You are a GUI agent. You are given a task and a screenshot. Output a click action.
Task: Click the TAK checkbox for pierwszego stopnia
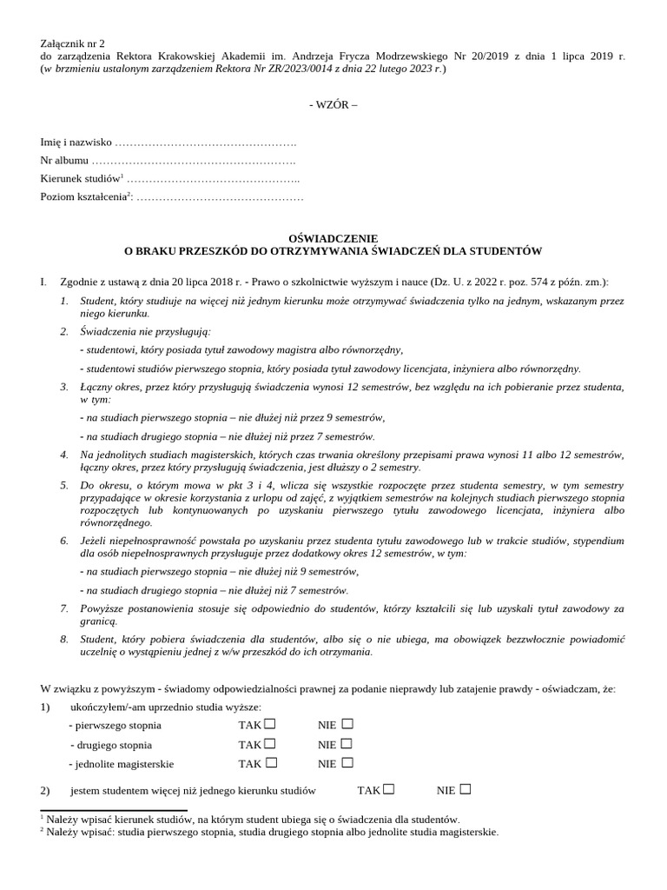[270, 724]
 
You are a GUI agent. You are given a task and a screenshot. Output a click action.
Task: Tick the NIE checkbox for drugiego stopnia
[347, 743]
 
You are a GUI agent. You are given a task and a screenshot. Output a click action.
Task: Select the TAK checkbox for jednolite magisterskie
[271, 762]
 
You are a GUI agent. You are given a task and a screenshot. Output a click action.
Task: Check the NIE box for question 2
[466, 789]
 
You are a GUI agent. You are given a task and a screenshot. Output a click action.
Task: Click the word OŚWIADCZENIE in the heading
[333, 238]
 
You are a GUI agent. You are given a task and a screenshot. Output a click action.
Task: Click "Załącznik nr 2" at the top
[72, 43]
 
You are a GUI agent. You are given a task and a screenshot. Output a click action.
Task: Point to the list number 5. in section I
[64, 483]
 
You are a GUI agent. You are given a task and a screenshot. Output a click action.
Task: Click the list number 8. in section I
[64, 639]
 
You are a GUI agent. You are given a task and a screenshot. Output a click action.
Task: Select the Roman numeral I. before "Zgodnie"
[43, 282]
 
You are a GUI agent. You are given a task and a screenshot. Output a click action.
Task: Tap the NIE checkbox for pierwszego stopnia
[347, 724]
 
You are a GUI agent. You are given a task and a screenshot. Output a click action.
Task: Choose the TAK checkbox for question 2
[389, 789]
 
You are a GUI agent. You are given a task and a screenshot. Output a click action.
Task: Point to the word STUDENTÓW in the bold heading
[504, 251]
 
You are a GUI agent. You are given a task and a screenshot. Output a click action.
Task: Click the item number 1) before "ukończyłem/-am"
[46, 707]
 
